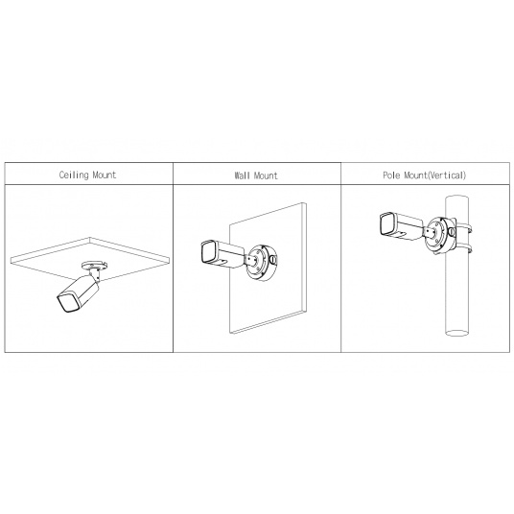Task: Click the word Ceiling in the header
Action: click(74, 175)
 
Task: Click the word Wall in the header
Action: click(242, 175)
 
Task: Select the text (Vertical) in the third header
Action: click(447, 175)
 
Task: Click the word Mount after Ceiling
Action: click(105, 175)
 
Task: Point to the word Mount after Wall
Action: click(266, 175)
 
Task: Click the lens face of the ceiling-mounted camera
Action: click(68, 303)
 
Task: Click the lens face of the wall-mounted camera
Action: click(208, 251)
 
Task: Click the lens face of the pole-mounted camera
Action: click(387, 224)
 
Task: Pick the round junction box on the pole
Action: click(440, 234)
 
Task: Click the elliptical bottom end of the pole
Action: click(457, 333)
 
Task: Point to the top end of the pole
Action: click(457, 198)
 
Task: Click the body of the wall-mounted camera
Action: click(229, 255)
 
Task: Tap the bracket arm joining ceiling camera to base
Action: click(95, 273)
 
